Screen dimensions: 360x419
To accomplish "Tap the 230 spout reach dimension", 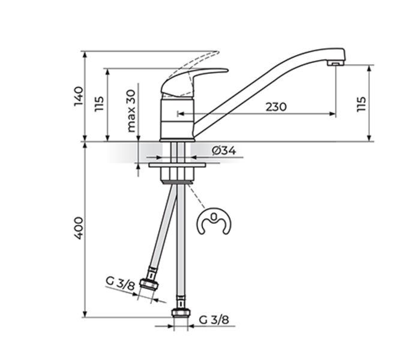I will click(x=276, y=107).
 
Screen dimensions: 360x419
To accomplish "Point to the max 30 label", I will click(x=131, y=111).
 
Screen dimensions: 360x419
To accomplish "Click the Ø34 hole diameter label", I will click(x=223, y=151).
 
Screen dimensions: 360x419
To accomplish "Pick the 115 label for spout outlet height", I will click(x=361, y=104).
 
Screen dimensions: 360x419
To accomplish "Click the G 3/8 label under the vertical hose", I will click(x=214, y=319).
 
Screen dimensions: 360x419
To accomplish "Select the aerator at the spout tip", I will click(x=335, y=62).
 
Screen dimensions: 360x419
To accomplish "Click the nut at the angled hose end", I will click(x=148, y=284).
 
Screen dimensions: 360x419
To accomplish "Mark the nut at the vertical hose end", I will click(x=180, y=313).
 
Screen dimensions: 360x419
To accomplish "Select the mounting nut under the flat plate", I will click(x=177, y=174).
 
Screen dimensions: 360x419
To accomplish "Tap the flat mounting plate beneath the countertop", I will click(x=177, y=164).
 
